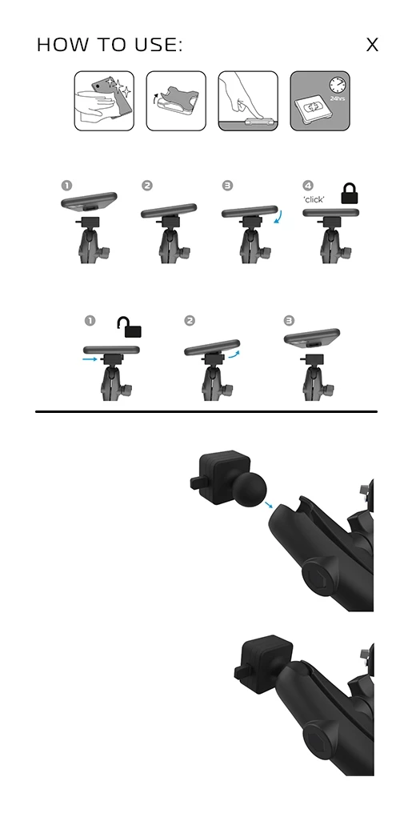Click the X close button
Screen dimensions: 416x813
click(x=372, y=45)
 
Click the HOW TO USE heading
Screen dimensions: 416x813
click(x=110, y=45)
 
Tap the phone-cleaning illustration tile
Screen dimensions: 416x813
click(x=104, y=101)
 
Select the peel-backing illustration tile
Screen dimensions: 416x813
click(x=176, y=101)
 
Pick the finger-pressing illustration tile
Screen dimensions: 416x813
click(x=248, y=101)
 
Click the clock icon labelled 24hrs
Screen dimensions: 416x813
click(x=338, y=85)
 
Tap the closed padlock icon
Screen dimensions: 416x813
click(x=350, y=194)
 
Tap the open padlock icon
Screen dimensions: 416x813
click(x=130, y=327)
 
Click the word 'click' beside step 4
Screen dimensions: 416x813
click(x=314, y=199)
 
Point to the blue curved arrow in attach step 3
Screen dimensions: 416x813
click(x=278, y=218)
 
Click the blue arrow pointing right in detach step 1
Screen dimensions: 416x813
click(x=90, y=358)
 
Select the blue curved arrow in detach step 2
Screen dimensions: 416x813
click(x=235, y=354)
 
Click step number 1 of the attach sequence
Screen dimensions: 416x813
click(x=66, y=186)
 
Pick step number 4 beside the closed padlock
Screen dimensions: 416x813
click(x=308, y=186)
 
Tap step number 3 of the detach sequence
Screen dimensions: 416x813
click(x=289, y=321)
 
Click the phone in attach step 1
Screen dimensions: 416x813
click(x=89, y=202)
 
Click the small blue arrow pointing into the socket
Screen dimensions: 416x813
click(x=268, y=505)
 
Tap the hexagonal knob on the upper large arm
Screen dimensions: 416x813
click(x=318, y=571)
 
